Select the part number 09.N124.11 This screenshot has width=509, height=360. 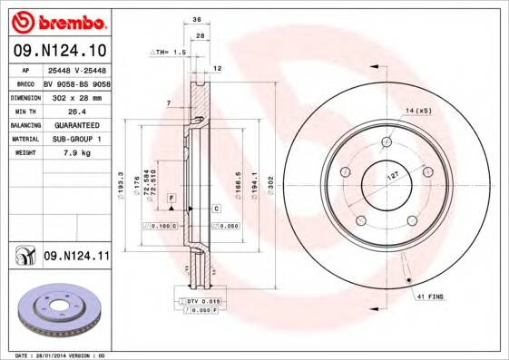[x=76, y=257]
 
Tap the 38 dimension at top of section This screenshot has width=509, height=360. [x=196, y=18]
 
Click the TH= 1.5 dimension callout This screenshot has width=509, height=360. [x=169, y=53]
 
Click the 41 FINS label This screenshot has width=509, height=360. [x=429, y=297]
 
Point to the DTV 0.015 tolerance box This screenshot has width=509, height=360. [x=201, y=299]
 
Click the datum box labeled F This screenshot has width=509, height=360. [x=170, y=197]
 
